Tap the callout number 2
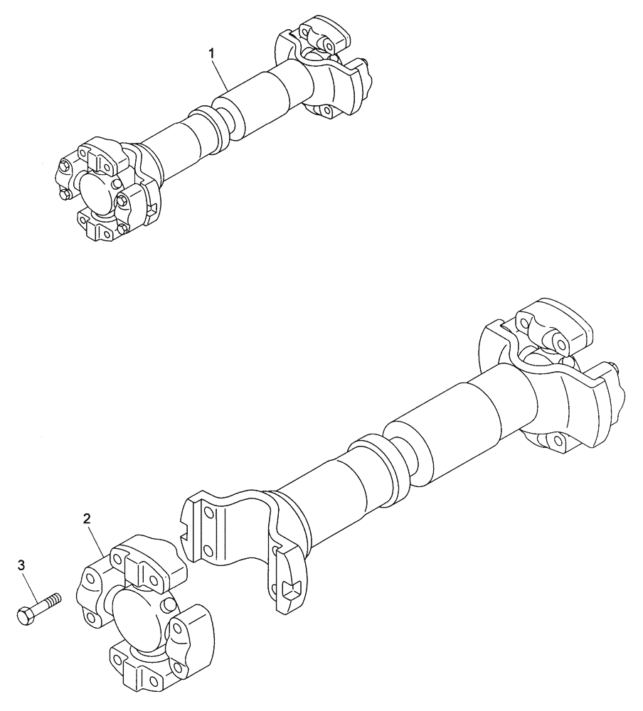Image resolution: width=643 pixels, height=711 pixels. pyautogui.click(x=87, y=519)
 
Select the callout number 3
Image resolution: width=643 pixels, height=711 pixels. pyautogui.click(x=21, y=565)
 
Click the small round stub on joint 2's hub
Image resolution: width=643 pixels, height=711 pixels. pyautogui.click(x=169, y=604)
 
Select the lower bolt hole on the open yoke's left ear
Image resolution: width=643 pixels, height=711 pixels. pyautogui.click(x=208, y=550)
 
